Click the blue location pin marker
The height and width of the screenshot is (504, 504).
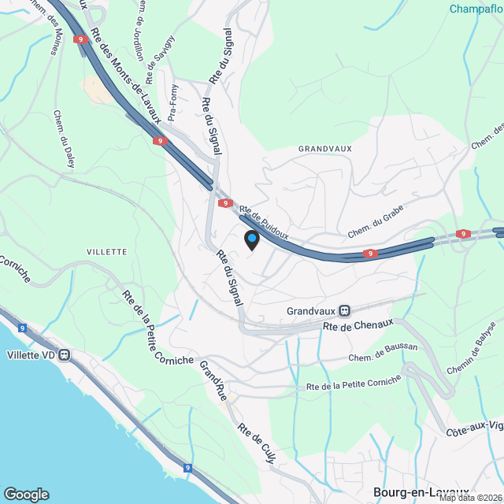(251, 239)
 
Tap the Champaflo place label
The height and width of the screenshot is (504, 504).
(476, 9)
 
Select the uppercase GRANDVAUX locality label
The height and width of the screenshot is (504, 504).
(325, 148)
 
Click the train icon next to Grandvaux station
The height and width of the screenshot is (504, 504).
(344, 310)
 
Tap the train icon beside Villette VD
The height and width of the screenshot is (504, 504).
(65, 354)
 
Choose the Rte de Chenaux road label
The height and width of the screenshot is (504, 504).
(358, 325)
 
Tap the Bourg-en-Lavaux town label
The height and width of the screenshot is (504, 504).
(421, 491)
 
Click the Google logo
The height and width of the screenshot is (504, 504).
(26, 495)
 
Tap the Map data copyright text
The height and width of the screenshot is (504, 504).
(471, 498)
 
